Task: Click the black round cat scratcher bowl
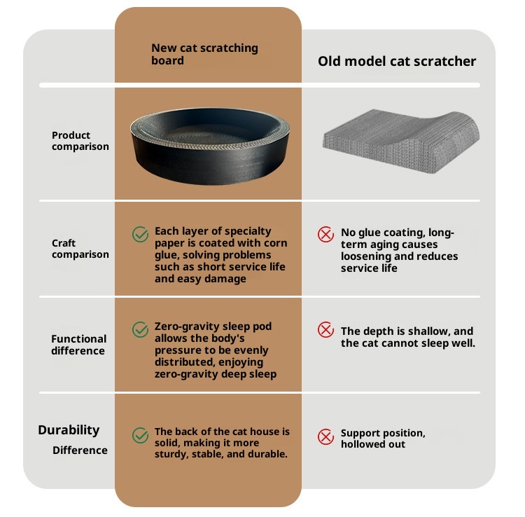[210, 146]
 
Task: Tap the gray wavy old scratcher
[401, 141]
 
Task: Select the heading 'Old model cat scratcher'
[397, 62]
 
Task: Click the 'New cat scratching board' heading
[204, 54]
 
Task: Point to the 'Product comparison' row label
[80, 141]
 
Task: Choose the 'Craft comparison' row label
[80, 249]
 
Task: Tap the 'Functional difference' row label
[78, 345]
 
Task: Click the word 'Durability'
[69, 430]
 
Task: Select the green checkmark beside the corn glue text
[140, 234]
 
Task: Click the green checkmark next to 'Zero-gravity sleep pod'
[140, 329]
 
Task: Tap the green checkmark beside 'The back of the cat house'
[140, 435]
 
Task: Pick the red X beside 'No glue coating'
[325, 234]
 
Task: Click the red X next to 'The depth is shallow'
[325, 330]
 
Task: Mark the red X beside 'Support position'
[325, 436]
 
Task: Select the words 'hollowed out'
[373, 444]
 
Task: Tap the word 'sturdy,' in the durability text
[171, 455]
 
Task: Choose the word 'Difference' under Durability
[80, 450]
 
